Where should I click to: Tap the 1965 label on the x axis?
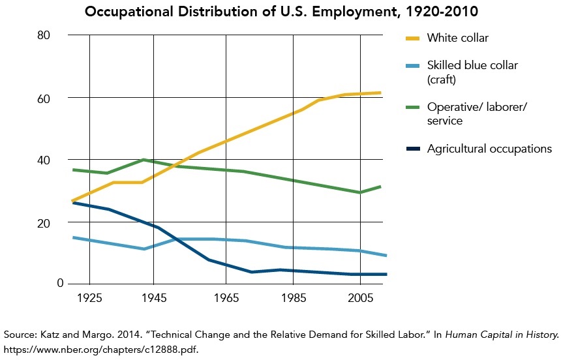coord(226,298)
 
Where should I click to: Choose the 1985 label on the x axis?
coord(292,298)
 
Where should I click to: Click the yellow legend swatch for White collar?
coord(410,38)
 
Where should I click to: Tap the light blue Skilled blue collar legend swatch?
coord(410,66)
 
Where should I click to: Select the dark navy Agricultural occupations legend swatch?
coord(410,149)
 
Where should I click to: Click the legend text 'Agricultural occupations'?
coord(489,149)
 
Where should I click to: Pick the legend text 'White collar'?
coord(457,38)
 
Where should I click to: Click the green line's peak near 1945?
coord(144,160)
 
